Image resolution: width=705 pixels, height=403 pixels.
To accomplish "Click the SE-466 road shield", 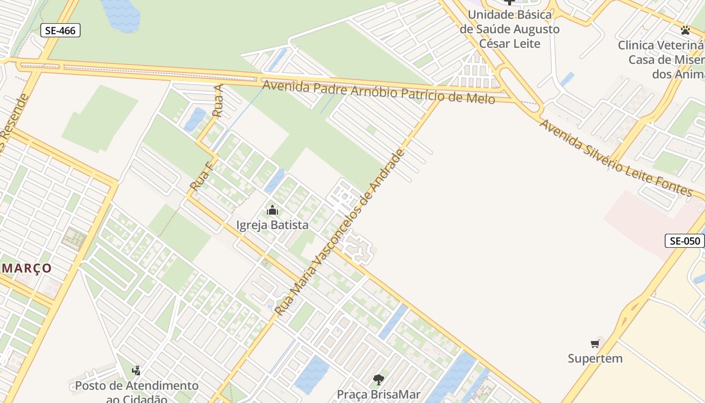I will coord(60,30).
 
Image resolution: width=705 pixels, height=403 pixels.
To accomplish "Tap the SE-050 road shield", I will coord(685,241).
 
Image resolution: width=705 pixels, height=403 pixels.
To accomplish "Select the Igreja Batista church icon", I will coord(272,210).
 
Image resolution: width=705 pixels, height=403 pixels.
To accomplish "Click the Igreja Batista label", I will coord(272,225).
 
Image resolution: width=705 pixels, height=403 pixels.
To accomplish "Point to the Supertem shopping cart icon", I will coord(595,344).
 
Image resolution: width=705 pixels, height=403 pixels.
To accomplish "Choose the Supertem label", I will coord(595,359).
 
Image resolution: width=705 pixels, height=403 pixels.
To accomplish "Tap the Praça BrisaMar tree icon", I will coord(378,380).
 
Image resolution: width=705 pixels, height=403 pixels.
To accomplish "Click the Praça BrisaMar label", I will coord(378,394).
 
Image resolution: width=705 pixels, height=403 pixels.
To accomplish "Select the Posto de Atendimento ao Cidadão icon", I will coord(136,371).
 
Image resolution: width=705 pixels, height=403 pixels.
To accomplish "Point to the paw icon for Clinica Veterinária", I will coord(685,30).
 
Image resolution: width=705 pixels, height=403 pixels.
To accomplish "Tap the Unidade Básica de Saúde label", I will coord(510,29).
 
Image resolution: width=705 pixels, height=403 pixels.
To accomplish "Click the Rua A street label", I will coord(218,101).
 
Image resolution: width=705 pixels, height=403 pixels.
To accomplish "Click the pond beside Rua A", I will coord(195,119).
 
